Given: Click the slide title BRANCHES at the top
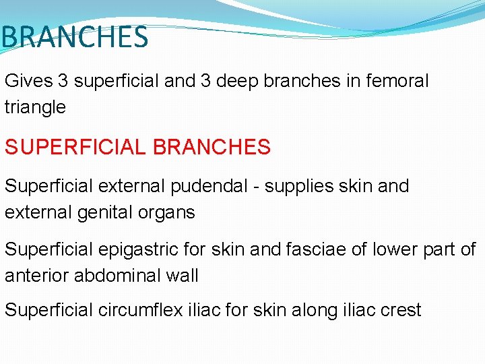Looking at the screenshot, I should [x=74, y=37].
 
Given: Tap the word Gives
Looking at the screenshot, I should [x=29, y=82].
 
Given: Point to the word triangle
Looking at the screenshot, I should [x=35, y=107].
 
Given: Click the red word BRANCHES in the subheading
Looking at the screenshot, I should [x=216, y=147].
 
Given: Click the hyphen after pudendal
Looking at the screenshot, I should [x=258, y=187].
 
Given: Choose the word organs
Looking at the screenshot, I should [x=171, y=213].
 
